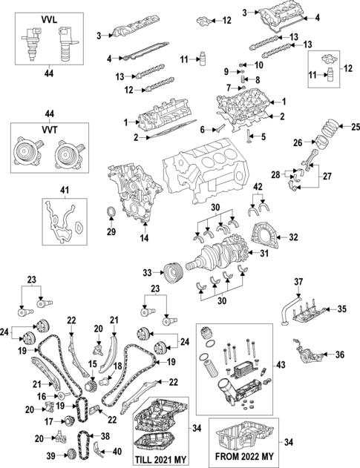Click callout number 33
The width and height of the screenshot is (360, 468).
click(147, 272)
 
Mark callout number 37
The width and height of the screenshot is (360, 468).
click(300, 282)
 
